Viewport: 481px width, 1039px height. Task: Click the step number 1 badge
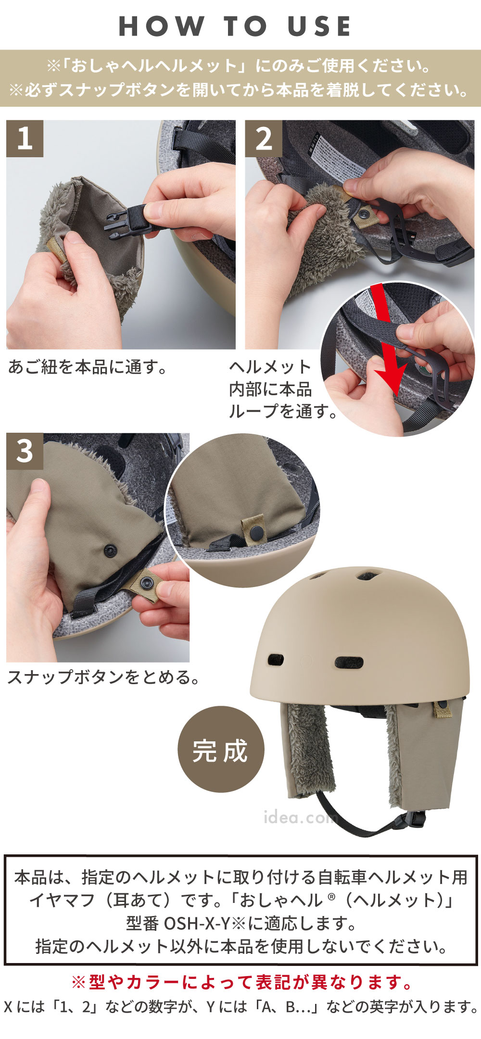pyautogui.click(x=25, y=138)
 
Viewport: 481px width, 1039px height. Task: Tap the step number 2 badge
pyautogui.click(x=264, y=138)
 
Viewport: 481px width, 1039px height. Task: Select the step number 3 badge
pyautogui.click(x=25, y=451)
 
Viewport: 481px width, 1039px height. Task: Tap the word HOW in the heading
pyautogui.click(x=161, y=26)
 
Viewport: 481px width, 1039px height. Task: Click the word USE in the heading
pyautogui.click(x=319, y=26)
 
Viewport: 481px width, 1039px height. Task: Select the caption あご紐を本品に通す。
pyautogui.click(x=88, y=367)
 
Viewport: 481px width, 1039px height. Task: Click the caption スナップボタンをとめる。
pyautogui.click(x=103, y=677)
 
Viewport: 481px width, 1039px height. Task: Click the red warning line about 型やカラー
pyautogui.click(x=242, y=982)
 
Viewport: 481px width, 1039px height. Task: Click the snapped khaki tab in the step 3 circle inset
pyautogui.click(x=253, y=528)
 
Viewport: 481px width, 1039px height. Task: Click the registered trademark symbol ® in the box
pyautogui.click(x=330, y=896)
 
